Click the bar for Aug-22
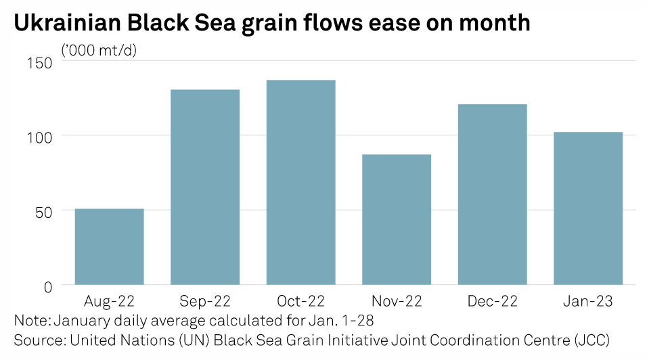pos(109,247)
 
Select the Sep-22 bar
pos(205,187)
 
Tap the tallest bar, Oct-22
pos(300,183)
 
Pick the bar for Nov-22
pos(397,220)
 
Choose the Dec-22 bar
pos(492,195)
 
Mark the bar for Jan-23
pos(588,208)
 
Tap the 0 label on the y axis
pos(48,287)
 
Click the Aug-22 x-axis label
pos(109,302)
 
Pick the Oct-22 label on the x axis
pos(300,302)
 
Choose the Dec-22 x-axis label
pos(492,302)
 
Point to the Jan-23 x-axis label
pos(588,302)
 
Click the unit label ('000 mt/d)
pos(99,49)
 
